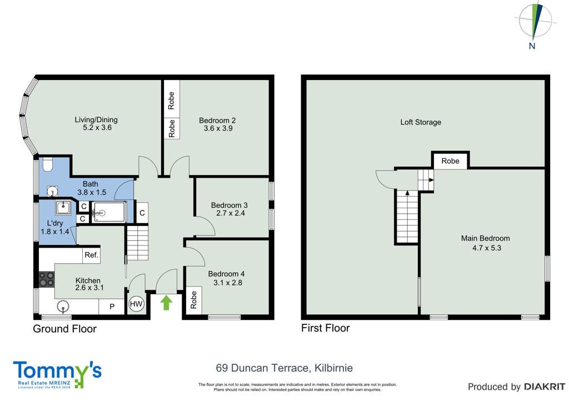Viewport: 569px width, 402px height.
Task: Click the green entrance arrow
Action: [x=166, y=303]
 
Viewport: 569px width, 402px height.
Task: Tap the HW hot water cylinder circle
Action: [x=136, y=304]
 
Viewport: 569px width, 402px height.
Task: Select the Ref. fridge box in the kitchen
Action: [x=92, y=255]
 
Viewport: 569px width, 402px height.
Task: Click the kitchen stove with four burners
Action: [x=47, y=279]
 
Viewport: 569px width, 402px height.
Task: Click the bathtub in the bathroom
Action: [x=108, y=213]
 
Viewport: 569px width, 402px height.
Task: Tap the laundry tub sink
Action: [x=63, y=208]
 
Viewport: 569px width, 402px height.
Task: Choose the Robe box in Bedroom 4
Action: [x=194, y=300]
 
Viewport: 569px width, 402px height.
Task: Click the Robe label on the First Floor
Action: [x=450, y=161]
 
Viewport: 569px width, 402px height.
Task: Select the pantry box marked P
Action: [x=112, y=306]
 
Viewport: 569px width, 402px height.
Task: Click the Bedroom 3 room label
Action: [x=229, y=205]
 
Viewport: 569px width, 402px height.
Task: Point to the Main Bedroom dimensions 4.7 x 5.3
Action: [x=487, y=248]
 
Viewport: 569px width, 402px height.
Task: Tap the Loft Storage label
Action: [x=421, y=122]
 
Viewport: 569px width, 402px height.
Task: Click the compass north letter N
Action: [x=532, y=46]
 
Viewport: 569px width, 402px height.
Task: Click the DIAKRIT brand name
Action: [x=545, y=387]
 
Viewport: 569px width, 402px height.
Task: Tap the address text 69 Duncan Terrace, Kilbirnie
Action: [x=284, y=368]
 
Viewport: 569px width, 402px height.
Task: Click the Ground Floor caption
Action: [x=64, y=329]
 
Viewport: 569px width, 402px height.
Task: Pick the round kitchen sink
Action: [x=63, y=306]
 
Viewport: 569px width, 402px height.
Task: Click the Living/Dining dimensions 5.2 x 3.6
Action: [x=97, y=128]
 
